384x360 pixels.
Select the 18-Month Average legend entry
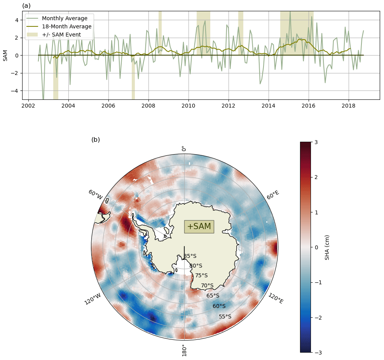point(66,26)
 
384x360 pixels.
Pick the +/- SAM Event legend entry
point(61,35)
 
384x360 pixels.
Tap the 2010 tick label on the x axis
point(189,106)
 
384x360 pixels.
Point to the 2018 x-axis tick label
point(349,106)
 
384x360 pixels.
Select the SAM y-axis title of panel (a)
point(5,55)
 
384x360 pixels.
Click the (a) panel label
point(26,6)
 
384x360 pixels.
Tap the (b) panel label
point(96,140)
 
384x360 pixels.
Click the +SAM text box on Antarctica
point(199,226)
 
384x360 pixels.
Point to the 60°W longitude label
point(95,195)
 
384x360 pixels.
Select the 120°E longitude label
point(276,298)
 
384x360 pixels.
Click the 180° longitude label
point(184,350)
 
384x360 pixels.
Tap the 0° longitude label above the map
point(184,149)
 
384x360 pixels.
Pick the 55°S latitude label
point(225,317)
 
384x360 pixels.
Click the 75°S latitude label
point(201,275)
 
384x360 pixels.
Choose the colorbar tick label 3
point(316,142)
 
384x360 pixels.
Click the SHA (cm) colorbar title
point(327,247)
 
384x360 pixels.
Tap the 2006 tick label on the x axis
point(108,106)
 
